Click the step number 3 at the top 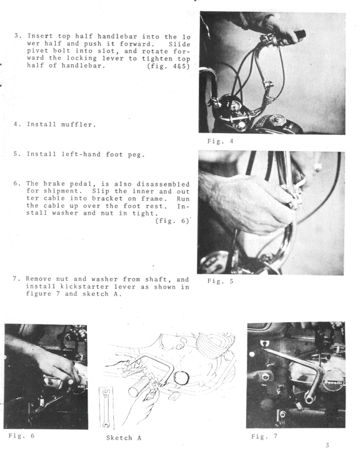(17, 37)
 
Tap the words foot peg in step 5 (122, 154)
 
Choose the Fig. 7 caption (264, 436)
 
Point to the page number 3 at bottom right (327, 445)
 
